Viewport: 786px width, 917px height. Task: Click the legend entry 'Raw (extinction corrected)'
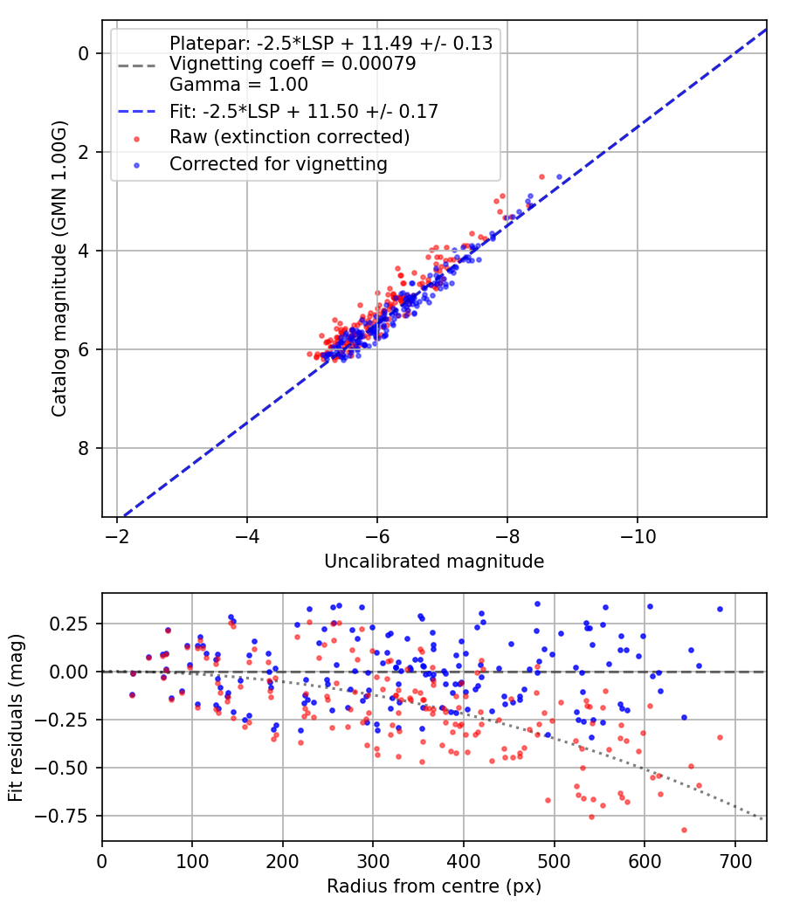289,137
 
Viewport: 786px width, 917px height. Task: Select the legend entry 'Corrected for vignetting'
279,163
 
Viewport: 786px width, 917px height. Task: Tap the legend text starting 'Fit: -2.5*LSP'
303,111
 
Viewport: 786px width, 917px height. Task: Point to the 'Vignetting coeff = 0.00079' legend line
293,64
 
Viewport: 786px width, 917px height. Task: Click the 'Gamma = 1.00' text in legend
238,86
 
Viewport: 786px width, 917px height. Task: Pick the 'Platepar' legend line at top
331,43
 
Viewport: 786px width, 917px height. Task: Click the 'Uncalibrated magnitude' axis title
434,562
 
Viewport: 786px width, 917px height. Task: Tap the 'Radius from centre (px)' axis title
434,886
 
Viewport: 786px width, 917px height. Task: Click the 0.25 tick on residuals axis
76,624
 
